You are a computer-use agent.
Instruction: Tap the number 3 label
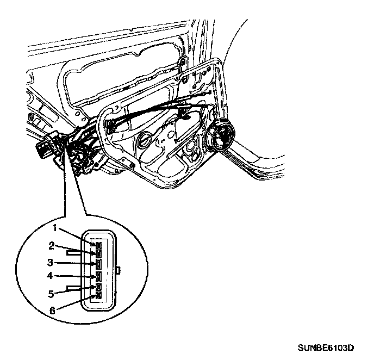[49, 262]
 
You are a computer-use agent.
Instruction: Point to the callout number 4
[49, 276]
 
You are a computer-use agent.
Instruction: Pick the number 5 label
[49, 294]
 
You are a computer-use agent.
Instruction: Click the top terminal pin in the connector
[99, 246]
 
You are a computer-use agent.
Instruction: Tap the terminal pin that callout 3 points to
[99, 264]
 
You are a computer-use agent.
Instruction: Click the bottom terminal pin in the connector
[99, 295]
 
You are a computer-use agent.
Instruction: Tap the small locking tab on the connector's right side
[119, 270]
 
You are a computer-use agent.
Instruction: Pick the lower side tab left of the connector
[73, 287]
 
